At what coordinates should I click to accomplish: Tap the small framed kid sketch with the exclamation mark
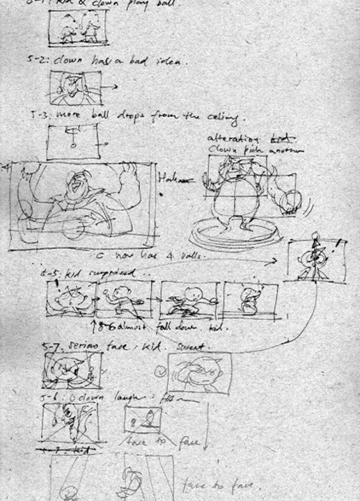(x=316, y=258)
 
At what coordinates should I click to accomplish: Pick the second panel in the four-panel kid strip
(x=124, y=300)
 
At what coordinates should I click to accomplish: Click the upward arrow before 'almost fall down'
(x=95, y=326)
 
